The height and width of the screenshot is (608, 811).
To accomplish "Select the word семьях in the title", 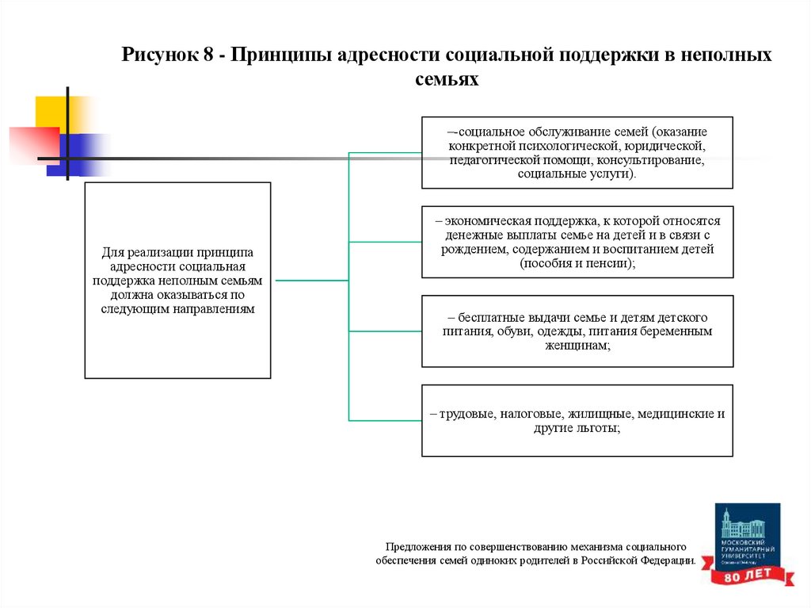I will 447,80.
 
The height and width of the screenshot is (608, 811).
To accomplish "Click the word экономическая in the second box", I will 485,222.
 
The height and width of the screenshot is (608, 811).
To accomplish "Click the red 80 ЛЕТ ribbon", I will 749,575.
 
